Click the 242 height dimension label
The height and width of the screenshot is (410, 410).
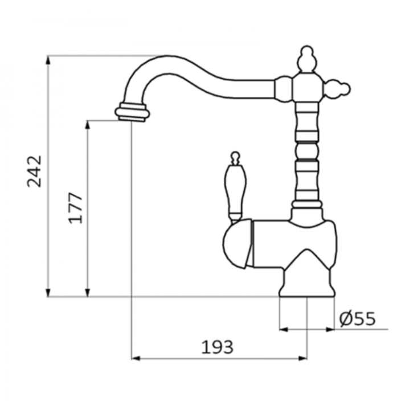coord(35,171)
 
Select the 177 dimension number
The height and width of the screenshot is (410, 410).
coord(75,208)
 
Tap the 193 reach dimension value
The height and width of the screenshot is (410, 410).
coord(217,347)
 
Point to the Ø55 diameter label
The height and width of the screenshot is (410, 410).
coord(358,318)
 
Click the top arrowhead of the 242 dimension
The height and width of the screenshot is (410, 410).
coord(48,60)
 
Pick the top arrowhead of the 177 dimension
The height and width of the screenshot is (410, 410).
coord(88,125)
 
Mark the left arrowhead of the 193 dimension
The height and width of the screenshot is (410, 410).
coord(136,358)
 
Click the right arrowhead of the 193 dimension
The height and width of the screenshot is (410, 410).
coord(302,358)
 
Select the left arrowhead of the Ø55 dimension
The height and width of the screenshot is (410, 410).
coord(284,330)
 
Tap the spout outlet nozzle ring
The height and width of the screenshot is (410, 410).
coord(132,112)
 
